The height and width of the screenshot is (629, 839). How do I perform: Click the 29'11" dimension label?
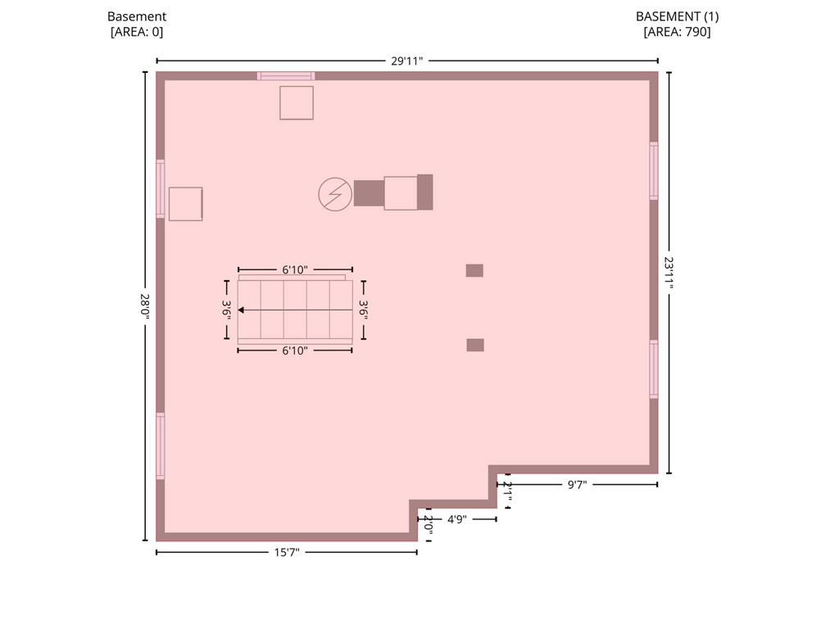point(406,61)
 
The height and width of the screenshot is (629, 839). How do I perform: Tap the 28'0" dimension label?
point(144,306)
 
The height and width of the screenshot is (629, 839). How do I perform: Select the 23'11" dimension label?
point(669,272)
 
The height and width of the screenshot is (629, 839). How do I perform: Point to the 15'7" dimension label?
point(287,553)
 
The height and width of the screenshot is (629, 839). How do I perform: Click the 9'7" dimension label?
point(577,485)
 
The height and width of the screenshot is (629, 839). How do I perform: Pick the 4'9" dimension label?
point(457,519)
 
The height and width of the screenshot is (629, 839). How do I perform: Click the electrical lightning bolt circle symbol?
point(335,194)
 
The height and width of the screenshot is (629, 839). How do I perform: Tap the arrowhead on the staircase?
point(241,310)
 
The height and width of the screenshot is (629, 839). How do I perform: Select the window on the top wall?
point(286,76)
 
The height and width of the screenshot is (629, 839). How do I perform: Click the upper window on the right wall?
point(654,170)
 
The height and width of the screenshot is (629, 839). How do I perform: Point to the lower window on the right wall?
point(654,369)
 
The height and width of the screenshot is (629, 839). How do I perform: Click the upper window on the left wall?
point(161,189)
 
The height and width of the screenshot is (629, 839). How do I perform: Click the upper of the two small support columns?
point(474,270)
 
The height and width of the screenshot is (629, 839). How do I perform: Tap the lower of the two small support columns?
point(475,345)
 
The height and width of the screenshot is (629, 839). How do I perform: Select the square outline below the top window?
point(297,103)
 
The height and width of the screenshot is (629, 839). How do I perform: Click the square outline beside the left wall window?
point(186,204)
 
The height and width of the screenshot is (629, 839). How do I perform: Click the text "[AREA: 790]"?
point(677,32)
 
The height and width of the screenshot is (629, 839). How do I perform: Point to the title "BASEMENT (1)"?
point(677,16)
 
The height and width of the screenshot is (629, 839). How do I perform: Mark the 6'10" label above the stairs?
point(295,270)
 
